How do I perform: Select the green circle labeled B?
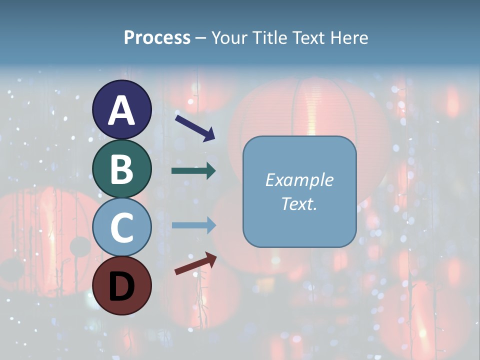point(121,168)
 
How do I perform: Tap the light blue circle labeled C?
point(121,227)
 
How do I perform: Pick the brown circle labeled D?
point(121,285)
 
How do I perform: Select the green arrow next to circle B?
point(193,171)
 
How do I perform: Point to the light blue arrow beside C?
point(193,225)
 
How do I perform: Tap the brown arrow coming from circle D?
point(195,263)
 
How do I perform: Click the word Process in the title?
point(157,38)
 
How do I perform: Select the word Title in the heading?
point(270,38)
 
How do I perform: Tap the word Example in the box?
point(299,180)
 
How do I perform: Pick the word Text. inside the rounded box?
point(299,203)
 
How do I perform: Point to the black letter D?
point(121,285)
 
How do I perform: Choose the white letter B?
point(121,168)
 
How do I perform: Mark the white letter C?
point(121,227)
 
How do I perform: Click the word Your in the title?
point(230,38)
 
